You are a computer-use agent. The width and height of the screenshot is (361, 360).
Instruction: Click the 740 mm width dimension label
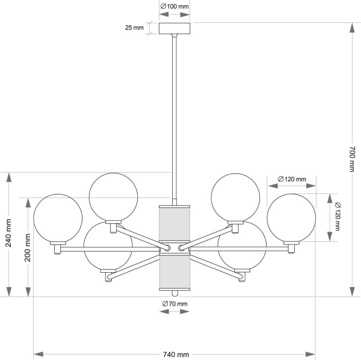(x=175, y=355)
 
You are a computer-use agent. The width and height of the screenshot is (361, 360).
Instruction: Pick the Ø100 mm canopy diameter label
(x=174, y=7)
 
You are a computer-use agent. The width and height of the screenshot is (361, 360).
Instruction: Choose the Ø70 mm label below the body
(x=175, y=304)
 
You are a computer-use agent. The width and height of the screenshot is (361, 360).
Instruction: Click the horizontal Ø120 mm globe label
(x=292, y=179)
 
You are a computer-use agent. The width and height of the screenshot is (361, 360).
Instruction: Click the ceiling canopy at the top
(x=174, y=28)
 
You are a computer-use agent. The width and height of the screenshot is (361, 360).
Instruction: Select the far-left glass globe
(x=57, y=218)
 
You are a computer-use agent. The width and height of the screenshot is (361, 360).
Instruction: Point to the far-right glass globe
(x=291, y=218)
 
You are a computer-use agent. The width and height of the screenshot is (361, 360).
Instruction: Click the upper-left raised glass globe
(x=114, y=196)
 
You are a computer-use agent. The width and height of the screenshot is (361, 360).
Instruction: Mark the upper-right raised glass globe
(x=236, y=196)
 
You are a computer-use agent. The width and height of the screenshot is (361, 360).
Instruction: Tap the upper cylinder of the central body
(x=174, y=225)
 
